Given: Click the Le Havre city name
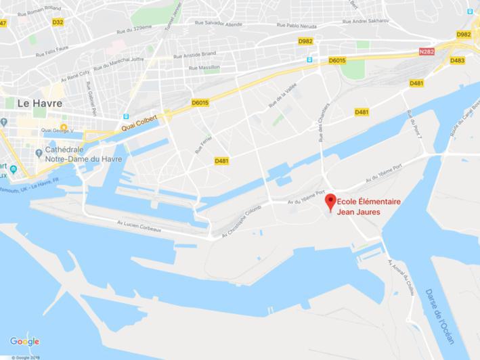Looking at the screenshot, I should (x=40, y=104).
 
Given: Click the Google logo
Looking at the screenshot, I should (x=24, y=341).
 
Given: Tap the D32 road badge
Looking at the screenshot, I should (x=58, y=22).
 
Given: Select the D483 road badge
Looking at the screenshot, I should (x=458, y=60).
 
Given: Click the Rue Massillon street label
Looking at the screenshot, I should (x=205, y=69).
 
